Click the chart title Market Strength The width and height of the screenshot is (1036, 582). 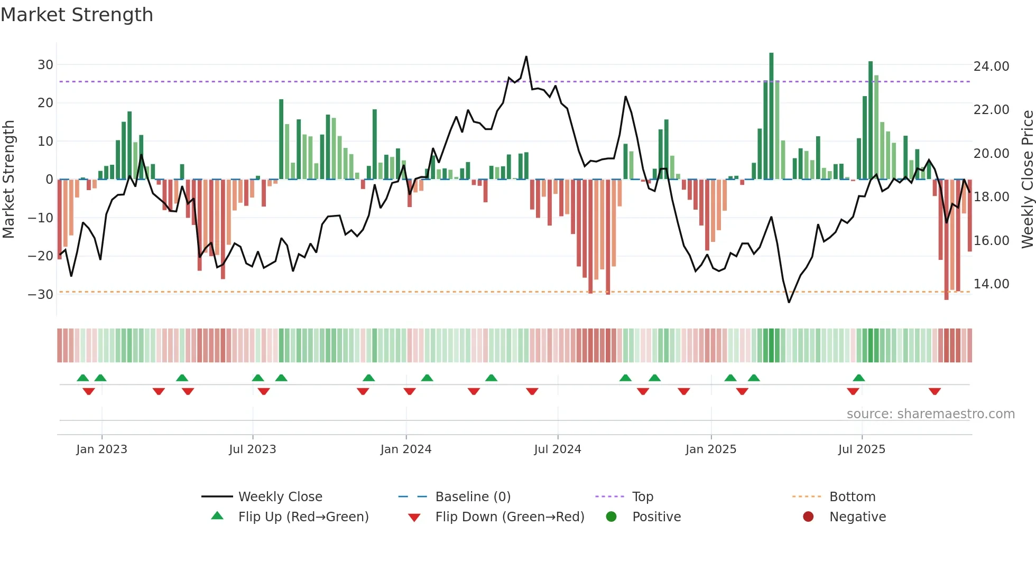pos(77,15)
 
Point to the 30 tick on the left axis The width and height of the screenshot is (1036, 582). pos(45,65)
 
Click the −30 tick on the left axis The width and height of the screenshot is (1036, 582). pos(41,295)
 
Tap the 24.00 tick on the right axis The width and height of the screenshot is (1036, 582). pos(991,67)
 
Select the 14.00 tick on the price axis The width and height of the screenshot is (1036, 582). pos(991,284)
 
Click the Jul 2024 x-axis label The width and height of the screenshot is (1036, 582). pos(557,449)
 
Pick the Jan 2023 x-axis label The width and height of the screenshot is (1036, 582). pos(101,449)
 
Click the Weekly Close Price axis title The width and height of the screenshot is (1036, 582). pos(1027,180)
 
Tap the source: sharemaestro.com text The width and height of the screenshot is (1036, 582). pos(930,414)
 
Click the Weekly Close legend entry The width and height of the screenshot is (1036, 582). pos(280,497)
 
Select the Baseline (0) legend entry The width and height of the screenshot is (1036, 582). pos(473,497)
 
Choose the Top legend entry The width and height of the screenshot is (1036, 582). pos(642,497)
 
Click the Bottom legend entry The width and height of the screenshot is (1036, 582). pos(852,497)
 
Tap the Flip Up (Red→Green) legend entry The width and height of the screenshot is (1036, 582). pos(303,517)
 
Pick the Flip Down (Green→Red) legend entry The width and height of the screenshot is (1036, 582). pos(510,517)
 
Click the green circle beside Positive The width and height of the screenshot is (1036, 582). pos(612,517)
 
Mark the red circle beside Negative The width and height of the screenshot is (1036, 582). pos(808,517)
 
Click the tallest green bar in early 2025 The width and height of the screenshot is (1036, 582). pos(771,116)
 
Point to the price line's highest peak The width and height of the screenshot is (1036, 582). pos(526,57)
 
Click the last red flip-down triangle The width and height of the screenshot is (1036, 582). pos(935,391)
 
